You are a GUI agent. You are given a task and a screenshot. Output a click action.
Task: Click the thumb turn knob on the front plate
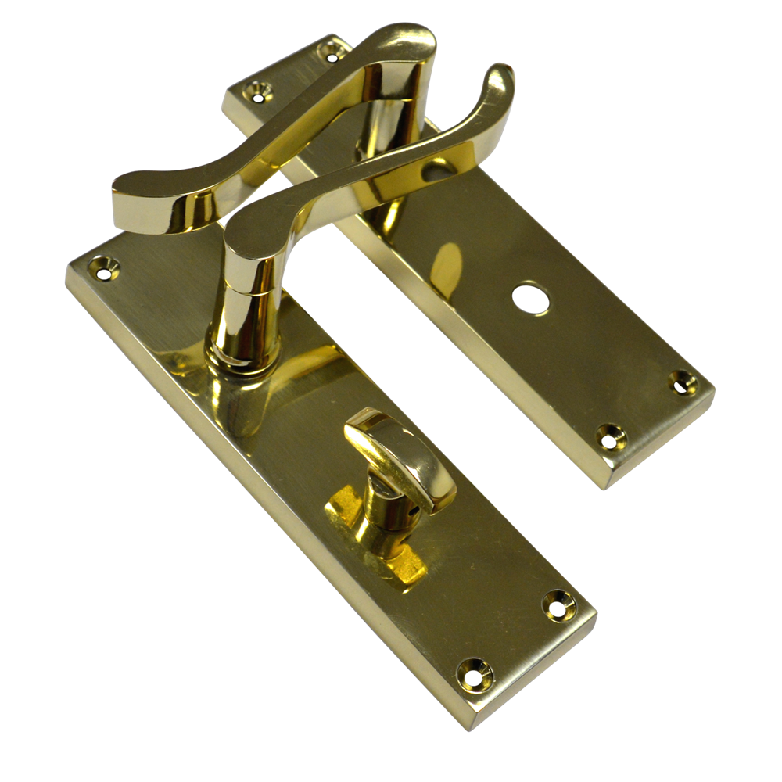tap(403, 454)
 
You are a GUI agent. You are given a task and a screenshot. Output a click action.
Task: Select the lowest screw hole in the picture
tap(475, 671)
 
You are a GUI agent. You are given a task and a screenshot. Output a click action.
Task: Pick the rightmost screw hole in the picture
tap(684, 382)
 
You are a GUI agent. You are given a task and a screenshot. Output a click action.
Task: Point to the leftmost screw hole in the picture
tap(102, 269)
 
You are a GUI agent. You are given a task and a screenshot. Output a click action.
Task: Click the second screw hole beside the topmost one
tap(257, 91)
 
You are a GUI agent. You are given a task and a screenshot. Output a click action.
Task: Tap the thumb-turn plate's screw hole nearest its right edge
tap(559, 604)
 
